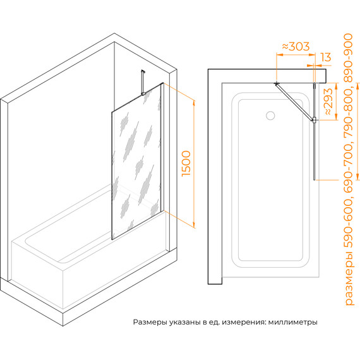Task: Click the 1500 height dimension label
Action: tap(186, 164)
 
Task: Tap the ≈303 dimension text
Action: tap(296, 46)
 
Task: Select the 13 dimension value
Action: tap(325, 57)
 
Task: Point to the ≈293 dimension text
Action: tap(328, 102)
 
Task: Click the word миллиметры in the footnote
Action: tap(292, 322)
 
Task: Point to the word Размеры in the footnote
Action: tap(150, 322)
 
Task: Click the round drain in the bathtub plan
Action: tap(270, 116)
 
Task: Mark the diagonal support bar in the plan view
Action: tap(295, 102)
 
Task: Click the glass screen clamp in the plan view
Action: tap(314, 119)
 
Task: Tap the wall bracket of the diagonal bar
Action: tap(277, 83)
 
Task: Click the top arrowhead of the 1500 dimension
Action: tap(194, 104)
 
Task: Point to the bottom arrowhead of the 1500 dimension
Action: tap(194, 225)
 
